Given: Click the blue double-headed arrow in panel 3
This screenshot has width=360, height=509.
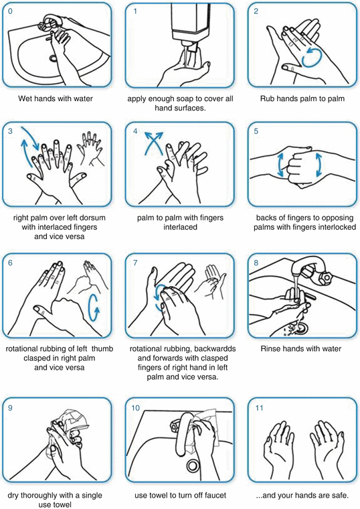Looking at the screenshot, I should click(25, 146).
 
